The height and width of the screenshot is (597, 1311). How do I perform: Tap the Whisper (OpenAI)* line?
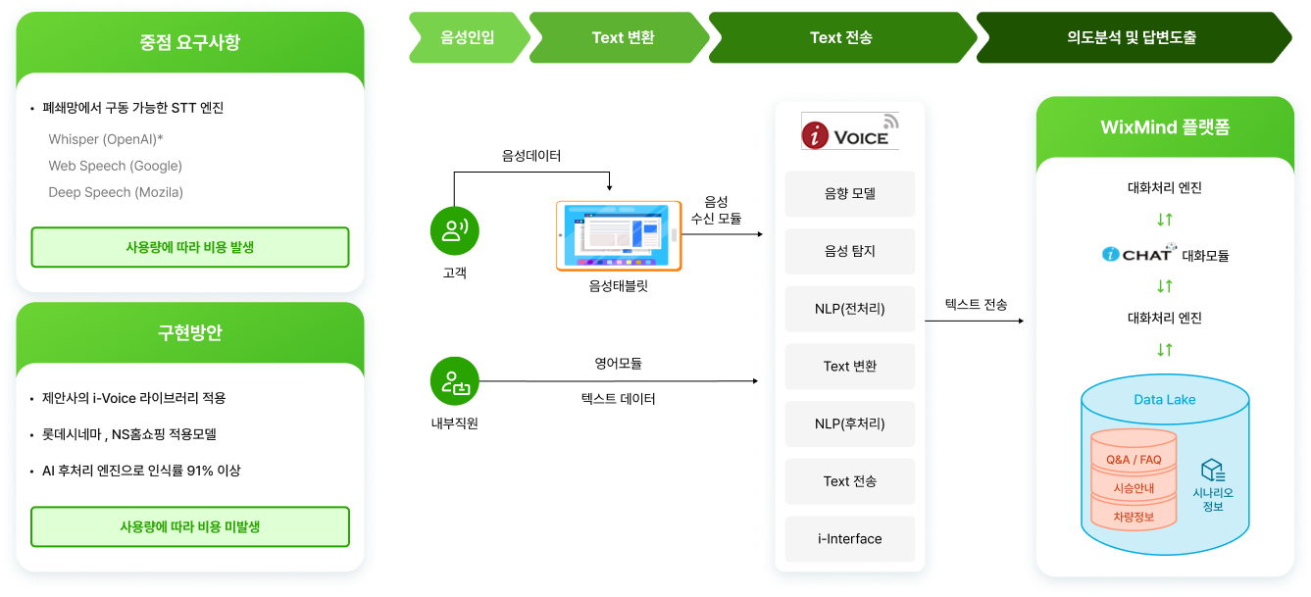point(106,139)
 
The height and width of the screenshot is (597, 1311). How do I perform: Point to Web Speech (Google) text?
point(115,166)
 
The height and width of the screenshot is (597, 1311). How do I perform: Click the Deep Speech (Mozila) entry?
point(116,192)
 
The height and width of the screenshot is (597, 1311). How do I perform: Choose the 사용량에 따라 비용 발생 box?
point(190,247)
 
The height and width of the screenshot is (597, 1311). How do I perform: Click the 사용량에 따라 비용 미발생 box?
point(190,526)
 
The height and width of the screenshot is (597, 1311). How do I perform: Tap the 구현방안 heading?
point(190,332)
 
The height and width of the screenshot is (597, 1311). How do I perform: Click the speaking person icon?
point(454,230)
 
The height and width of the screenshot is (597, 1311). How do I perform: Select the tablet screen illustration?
point(619,235)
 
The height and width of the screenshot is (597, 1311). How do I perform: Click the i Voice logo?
point(849,131)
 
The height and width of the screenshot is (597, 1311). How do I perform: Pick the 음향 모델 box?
point(849,194)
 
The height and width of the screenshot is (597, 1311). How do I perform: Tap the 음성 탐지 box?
point(849,251)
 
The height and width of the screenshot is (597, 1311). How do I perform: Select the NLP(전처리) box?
point(849,309)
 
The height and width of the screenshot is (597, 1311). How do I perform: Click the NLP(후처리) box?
point(849,423)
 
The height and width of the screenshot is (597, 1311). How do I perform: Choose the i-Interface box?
point(849,538)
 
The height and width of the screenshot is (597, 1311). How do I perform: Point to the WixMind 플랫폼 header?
point(1165,128)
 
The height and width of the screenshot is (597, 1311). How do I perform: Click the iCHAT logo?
point(1137,253)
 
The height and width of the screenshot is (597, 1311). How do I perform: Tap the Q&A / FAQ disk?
point(1134,460)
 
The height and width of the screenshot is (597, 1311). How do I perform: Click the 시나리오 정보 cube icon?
point(1213,471)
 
